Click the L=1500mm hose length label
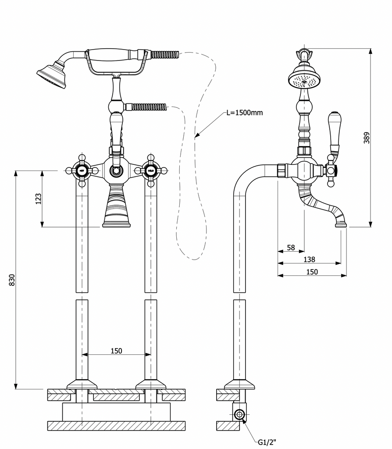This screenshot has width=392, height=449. [x=245, y=113]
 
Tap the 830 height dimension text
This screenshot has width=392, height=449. [x=12, y=280]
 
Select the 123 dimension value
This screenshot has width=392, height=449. [x=39, y=199]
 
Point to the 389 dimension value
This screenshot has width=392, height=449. [x=367, y=138]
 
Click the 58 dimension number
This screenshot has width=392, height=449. [x=291, y=247]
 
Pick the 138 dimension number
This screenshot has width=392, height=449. [x=309, y=260]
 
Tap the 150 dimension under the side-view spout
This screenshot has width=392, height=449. [x=312, y=272]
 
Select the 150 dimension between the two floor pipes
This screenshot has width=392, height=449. [x=116, y=351]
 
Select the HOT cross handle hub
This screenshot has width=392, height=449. [x=82, y=170]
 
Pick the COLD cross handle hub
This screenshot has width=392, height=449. [x=150, y=170]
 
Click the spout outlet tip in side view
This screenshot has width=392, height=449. [x=341, y=224]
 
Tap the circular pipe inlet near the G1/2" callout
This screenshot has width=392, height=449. [x=239, y=414]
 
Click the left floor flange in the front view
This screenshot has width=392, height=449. [x=82, y=385]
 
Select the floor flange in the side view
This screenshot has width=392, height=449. [x=239, y=385]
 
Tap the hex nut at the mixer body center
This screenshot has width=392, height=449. [x=116, y=170]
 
